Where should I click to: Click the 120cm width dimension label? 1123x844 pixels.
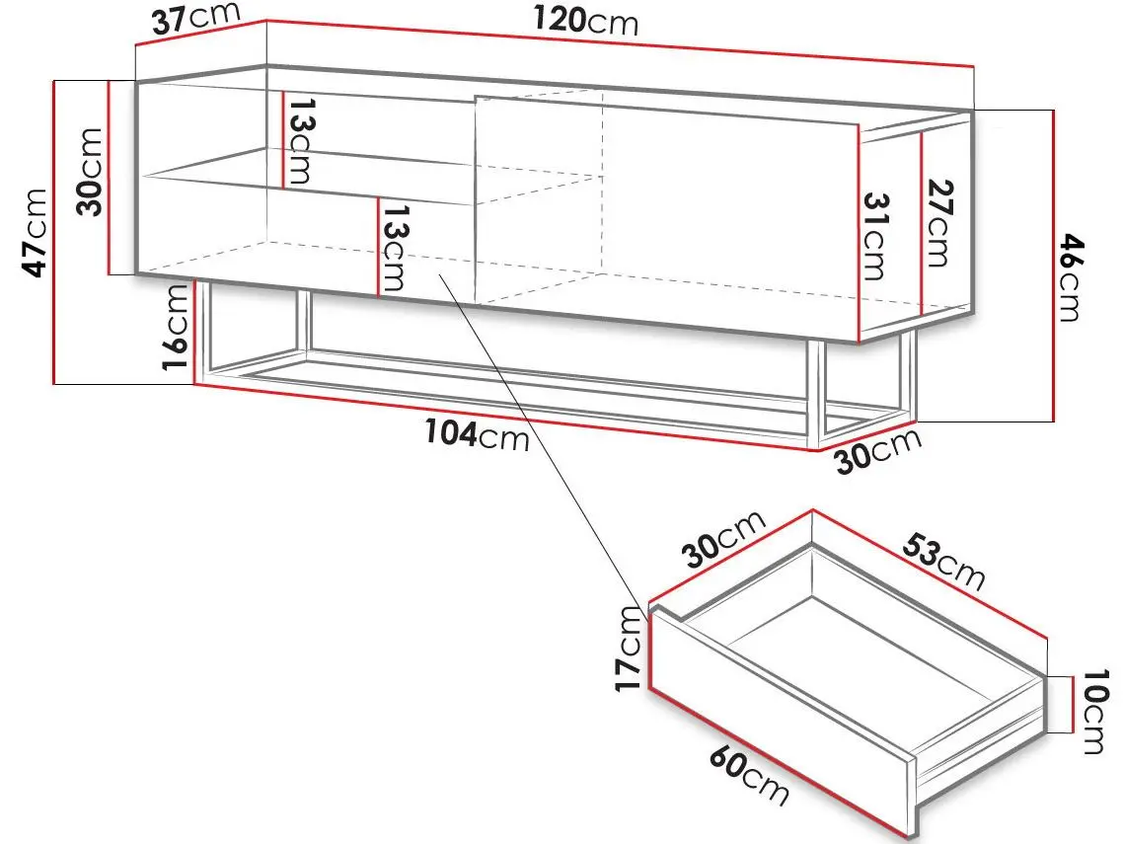click(585, 21)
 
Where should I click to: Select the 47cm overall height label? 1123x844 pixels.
click(35, 233)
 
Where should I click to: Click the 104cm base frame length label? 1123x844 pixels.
click(477, 434)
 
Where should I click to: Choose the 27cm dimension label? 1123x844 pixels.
click(938, 223)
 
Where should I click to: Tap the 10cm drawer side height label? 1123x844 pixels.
click(1094, 712)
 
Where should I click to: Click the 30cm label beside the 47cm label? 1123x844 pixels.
click(90, 172)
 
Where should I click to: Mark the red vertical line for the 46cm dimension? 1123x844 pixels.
click(1054, 266)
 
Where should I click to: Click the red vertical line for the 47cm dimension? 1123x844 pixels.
click(53, 232)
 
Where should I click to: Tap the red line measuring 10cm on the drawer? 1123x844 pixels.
click(1072, 705)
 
